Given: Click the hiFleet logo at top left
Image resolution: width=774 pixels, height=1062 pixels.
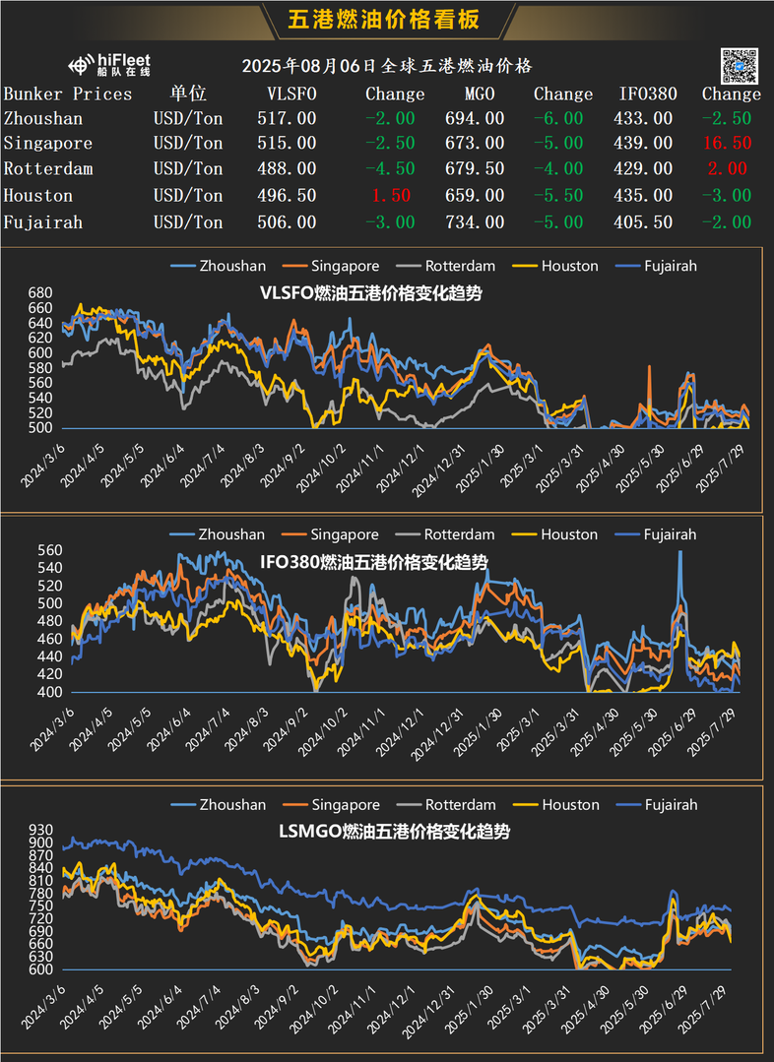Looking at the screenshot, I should pyautogui.click(x=109, y=65).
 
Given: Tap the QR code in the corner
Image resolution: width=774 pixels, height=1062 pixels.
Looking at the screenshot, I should pyautogui.click(x=740, y=65).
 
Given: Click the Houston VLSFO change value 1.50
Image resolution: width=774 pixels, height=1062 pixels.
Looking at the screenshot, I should pyautogui.click(x=394, y=196).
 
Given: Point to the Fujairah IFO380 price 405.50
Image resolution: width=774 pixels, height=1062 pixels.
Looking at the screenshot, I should pyautogui.click(x=646, y=222).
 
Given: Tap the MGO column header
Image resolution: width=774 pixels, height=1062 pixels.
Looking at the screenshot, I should pyautogui.click(x=480, y=94).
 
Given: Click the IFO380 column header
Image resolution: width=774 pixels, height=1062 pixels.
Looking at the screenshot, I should pyautogui.click(x=648, y=94).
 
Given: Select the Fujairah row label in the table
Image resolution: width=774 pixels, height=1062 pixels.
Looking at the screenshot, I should pyautogui.click(x=43, y=222).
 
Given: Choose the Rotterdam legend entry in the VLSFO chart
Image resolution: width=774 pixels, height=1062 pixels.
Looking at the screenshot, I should pyautogui.click(x=460, y=266).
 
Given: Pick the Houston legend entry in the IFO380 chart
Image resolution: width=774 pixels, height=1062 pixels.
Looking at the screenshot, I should pyautogui.click(x=568, y=534).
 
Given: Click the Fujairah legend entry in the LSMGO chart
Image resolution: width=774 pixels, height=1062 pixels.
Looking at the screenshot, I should pyautogui.click(x=670, y=804).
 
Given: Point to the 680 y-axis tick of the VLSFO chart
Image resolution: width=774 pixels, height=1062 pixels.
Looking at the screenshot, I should pyautogui.click(x=39, y=293).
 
